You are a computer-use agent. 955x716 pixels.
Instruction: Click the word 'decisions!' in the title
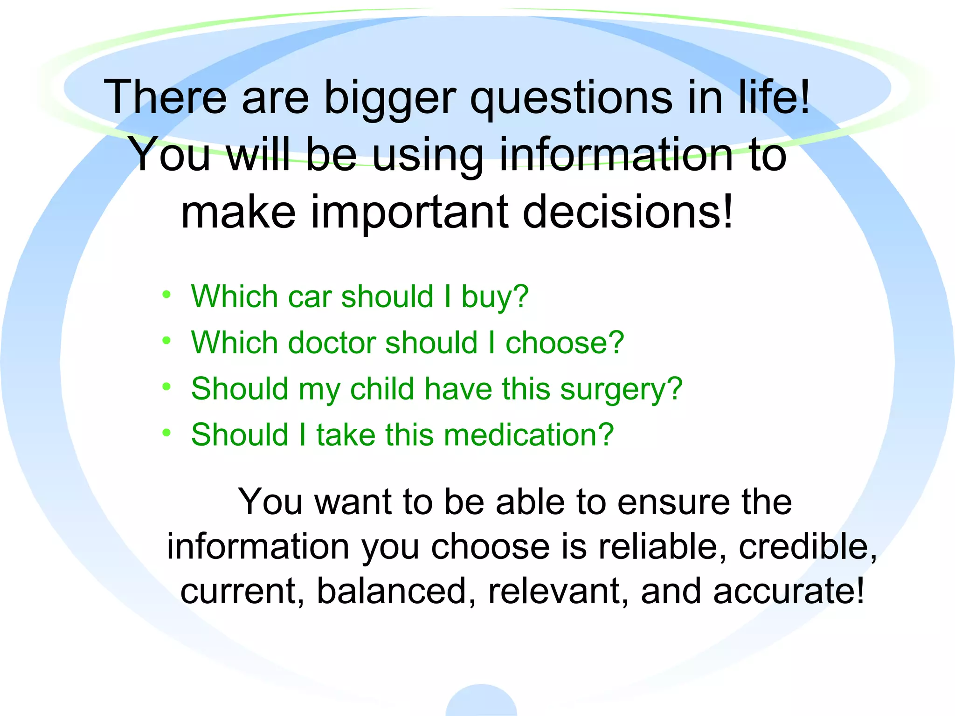[628, 212]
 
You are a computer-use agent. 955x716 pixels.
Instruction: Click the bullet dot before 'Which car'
[166, 295]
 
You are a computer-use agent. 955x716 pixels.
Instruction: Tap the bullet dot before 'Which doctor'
[166, 341]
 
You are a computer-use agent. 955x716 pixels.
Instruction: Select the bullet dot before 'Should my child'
[166, 386]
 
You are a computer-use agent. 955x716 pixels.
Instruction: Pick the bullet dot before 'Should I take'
[166, 433]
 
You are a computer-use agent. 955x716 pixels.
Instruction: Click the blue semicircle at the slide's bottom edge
[481, 702]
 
